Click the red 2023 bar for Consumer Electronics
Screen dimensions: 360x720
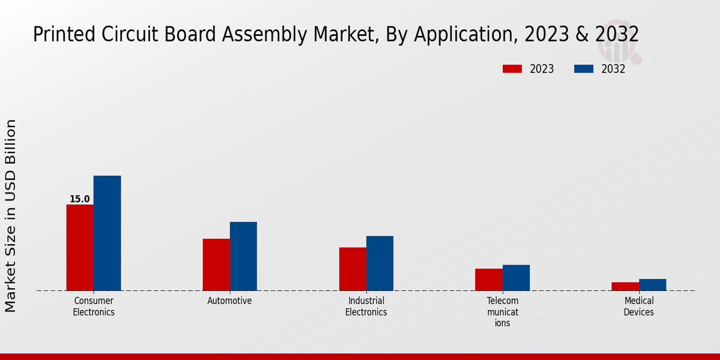80,247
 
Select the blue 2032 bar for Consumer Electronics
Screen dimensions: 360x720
107,233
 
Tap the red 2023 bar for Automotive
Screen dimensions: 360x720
216,265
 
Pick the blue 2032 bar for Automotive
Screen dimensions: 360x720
243,256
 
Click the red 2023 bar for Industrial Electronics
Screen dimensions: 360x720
352,269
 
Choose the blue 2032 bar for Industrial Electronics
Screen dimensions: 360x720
380,263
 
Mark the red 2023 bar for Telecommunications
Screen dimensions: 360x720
488,280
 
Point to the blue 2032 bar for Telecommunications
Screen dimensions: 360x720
516,278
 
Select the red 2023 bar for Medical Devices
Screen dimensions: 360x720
625,286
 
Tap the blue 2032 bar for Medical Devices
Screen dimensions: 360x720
652,284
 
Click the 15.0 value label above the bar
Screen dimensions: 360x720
79,199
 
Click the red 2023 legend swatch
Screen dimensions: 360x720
512,69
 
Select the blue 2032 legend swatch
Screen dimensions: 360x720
584,69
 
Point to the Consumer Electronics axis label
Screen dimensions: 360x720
94,306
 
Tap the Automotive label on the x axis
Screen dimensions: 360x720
230,301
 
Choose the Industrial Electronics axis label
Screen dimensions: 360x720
366,306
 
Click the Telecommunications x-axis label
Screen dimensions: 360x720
502,311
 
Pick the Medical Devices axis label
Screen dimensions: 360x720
638,306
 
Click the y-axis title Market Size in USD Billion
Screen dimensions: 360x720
11,216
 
